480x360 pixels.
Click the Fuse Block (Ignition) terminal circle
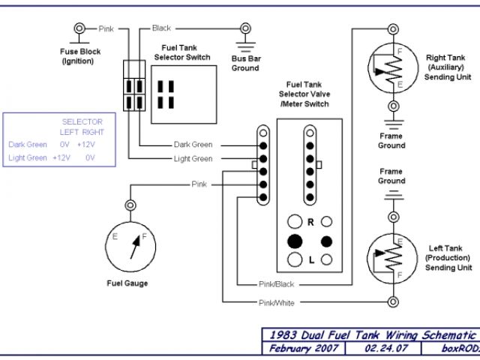click(78, 29)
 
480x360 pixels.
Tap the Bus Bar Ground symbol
click(244, 44)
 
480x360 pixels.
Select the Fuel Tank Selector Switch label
click(181, 52)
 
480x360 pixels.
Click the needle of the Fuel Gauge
click(136, 244)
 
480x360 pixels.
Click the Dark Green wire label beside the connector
click(193, 144)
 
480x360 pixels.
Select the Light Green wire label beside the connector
click(193, 158)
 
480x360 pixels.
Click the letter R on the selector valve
click(310, 223)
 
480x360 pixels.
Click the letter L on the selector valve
click(310, 260)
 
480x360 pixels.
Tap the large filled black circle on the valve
click(294, 241)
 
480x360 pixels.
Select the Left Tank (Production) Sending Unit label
click(448, 257)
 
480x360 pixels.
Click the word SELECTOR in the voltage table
click(82, 121)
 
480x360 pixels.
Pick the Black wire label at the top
click(161, 28)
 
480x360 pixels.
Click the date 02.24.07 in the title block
click(382, 349)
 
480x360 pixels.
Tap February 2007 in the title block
click(302, 349)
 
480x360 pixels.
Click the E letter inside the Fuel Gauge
click(115, 236)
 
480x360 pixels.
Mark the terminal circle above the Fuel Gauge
click(130, 204)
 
